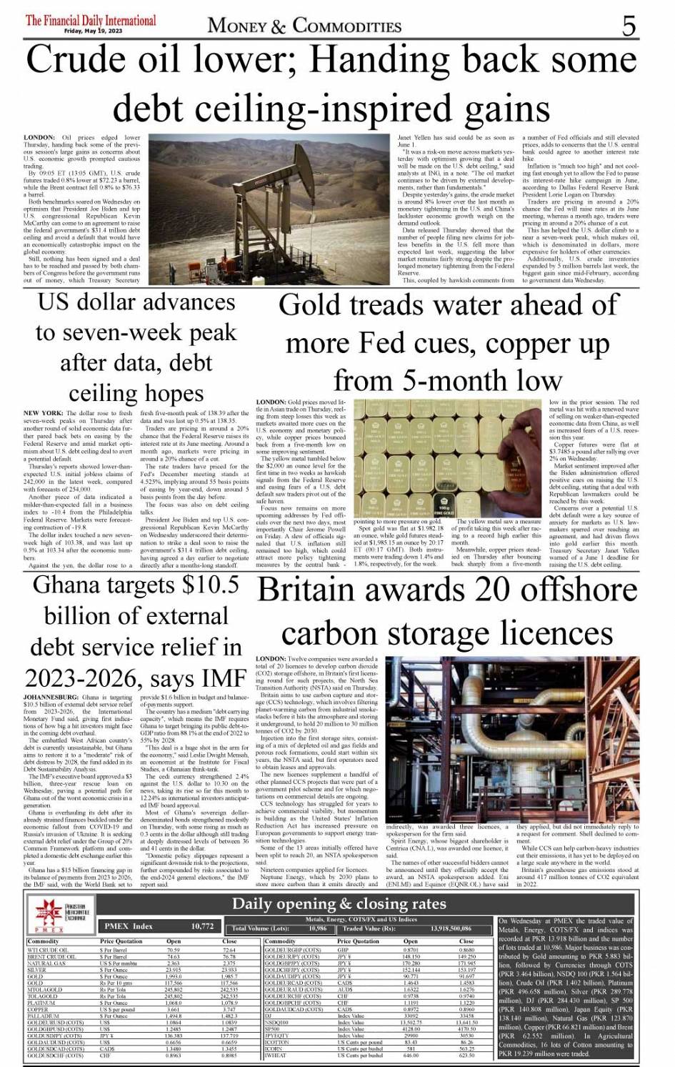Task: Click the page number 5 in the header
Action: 628,26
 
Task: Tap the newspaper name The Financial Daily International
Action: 91,20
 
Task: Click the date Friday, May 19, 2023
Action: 91,31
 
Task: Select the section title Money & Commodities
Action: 304,26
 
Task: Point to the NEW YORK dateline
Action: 44,413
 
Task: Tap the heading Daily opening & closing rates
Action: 339,904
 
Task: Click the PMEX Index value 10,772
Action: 202,926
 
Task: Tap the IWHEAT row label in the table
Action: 275,1055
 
